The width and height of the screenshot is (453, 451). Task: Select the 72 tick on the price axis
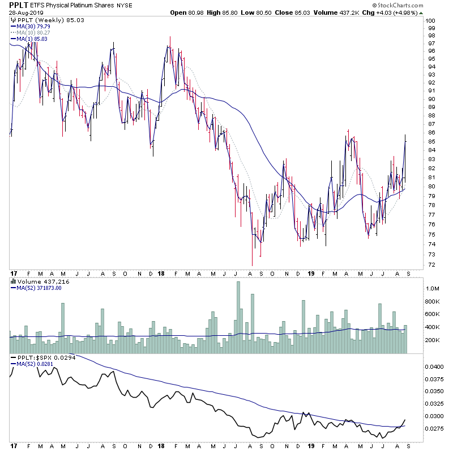[431, 265]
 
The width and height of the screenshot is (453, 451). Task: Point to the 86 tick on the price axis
[431, 132]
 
